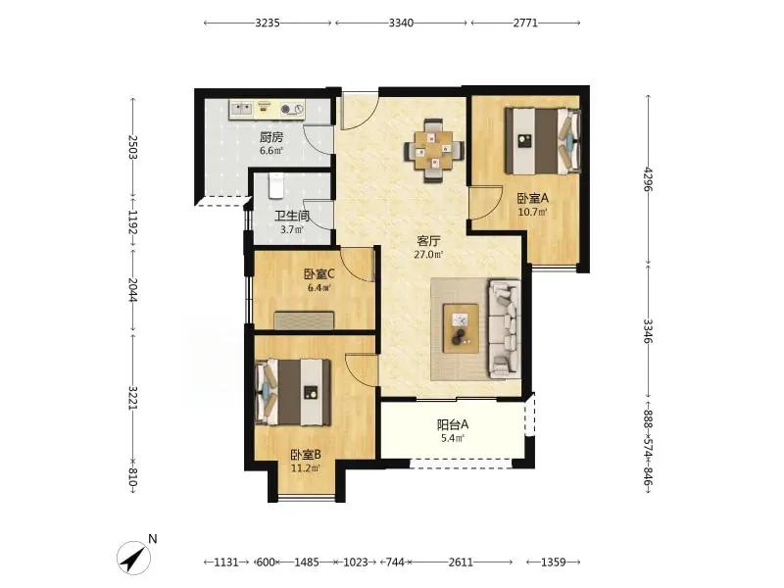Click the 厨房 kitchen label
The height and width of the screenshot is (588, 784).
click(x=271, y=136)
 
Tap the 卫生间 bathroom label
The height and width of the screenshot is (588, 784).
click(x=292, y=216)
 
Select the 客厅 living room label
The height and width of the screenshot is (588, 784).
click(x=428, y=241)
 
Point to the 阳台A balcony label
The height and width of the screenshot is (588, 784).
click(x=453, y=424)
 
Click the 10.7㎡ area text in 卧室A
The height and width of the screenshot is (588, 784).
click(x=532, y=212)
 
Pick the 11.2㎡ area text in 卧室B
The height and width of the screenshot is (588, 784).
click(x=306, y=468)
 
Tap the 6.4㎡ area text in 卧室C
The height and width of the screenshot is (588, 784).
click(x=318, y=287)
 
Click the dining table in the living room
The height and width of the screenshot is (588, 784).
click(x=434, y=150)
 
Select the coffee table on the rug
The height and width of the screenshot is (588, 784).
click(x=461, y=328)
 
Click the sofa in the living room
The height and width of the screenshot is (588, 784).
click(x=505, y=328)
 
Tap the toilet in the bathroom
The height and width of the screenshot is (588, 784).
click(x=276, y=185)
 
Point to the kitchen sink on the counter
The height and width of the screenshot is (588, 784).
click(x=240, y=108)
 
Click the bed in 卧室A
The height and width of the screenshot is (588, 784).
click(x=543, y=140)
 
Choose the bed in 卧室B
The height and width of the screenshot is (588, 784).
click(x=293, y=393)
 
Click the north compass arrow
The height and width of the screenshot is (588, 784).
click(x=134, y=557)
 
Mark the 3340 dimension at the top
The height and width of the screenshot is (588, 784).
click(x=401, y=23)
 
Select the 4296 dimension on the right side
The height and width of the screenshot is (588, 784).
click(x=649, y=179)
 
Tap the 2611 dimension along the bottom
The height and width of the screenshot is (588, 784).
click(x=461, y=562)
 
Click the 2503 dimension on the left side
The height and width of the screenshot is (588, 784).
click(x=132, y=147)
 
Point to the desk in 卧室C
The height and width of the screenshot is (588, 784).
click(x=304, y=320)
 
